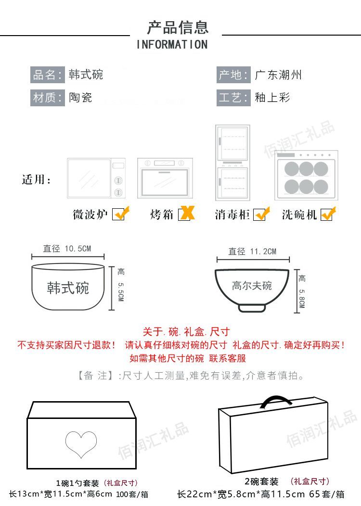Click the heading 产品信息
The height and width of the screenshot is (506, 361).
pyautogui.click(x=178, y=27)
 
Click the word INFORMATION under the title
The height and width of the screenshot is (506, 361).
pyautogui.click(x=172, y=45)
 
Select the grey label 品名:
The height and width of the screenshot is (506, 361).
pyautogui.click(x=48, y=75)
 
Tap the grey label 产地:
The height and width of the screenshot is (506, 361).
pyautogui.click(x=233, y=75)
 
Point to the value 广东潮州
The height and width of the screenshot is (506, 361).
pyautogui.click(x=278, y=75)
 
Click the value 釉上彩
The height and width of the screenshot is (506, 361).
pyautogui.click(x=272, y=97)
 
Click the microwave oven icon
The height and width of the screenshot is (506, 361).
pyautogui.click(x=96, y=178)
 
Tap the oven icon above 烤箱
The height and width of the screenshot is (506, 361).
pyautogui.click(x=165, y=178)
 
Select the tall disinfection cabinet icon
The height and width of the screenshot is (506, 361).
pyautogui.click(x=233, y=163)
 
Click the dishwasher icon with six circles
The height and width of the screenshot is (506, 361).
pyautogui.click(x=307, y=176)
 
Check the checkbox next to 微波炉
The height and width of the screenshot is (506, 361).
pyautogui.click(x=120, y=214)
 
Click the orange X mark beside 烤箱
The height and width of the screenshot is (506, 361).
pyautogui.click(x=187, y=213)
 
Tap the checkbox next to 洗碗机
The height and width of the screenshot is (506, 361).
pyautogui.click(x=328, y=214)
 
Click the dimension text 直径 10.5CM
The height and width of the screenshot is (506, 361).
pyautogui.click(x=67, y=249)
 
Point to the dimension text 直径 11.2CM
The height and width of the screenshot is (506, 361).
pyautogui.click(x=252, y=252)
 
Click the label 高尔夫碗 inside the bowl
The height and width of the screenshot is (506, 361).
pyautogui.click(x=252, y=286)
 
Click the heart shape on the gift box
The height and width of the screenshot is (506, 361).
pyautogui.click(x=81, y=444)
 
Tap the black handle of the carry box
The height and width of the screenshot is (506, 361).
pyautogui.click(x=276, y=402)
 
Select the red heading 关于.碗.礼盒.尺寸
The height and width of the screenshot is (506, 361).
pyautogui.click(x=186, y=331)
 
